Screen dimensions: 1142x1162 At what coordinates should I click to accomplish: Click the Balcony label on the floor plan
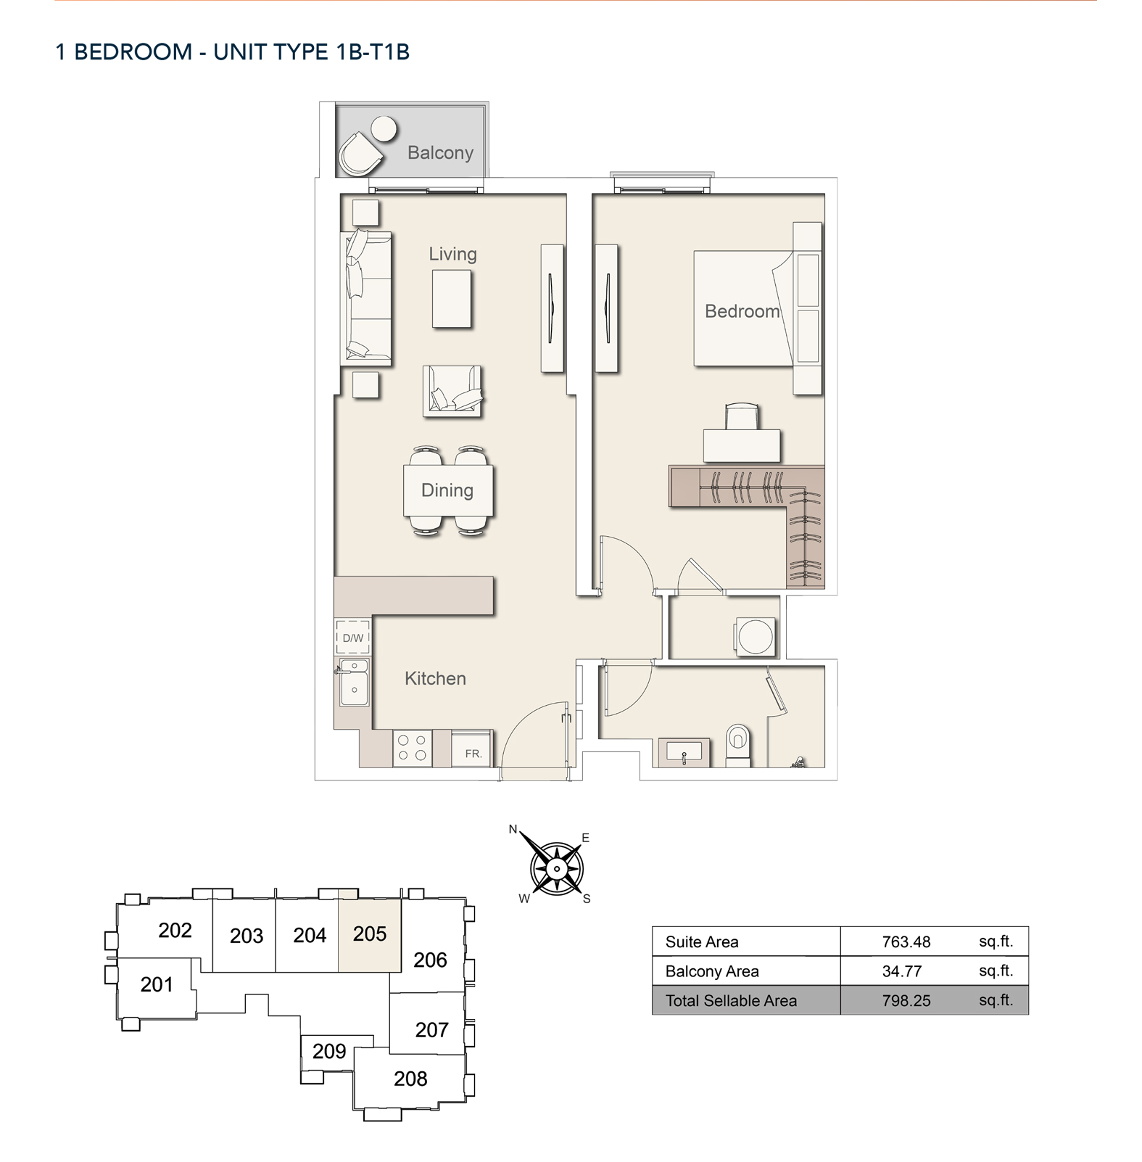pos(440,152)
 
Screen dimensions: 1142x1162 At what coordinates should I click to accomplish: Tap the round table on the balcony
pos(384,130)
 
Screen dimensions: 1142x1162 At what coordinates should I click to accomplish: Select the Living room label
pos(452,254)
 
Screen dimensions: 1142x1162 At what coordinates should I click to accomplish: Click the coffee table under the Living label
pos(452,299)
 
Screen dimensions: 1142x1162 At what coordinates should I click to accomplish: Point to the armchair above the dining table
pos(452,391)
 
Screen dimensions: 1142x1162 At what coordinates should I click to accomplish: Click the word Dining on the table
pos(447,490)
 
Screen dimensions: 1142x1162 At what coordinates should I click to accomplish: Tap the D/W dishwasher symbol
pos(353,638)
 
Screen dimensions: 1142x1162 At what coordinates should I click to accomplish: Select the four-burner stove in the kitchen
pos(412,749)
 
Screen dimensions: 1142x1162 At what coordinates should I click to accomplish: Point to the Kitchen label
pos(435,678)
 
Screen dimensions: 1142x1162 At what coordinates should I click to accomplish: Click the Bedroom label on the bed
pos(742,311)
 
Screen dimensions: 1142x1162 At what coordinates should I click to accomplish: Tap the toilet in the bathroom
pos(738,745)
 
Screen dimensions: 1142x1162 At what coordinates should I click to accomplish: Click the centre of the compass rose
pos(557,868)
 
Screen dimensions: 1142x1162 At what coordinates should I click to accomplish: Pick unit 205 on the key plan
pos(370,934)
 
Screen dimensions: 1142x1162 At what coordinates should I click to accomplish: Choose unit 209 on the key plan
pos(329,1051)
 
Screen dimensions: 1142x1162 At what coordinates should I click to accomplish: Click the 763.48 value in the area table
pos(906,942)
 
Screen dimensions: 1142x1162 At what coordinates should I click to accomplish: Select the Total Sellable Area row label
pos(731,1001)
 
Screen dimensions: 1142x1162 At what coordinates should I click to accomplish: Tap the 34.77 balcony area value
pos(902,971)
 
